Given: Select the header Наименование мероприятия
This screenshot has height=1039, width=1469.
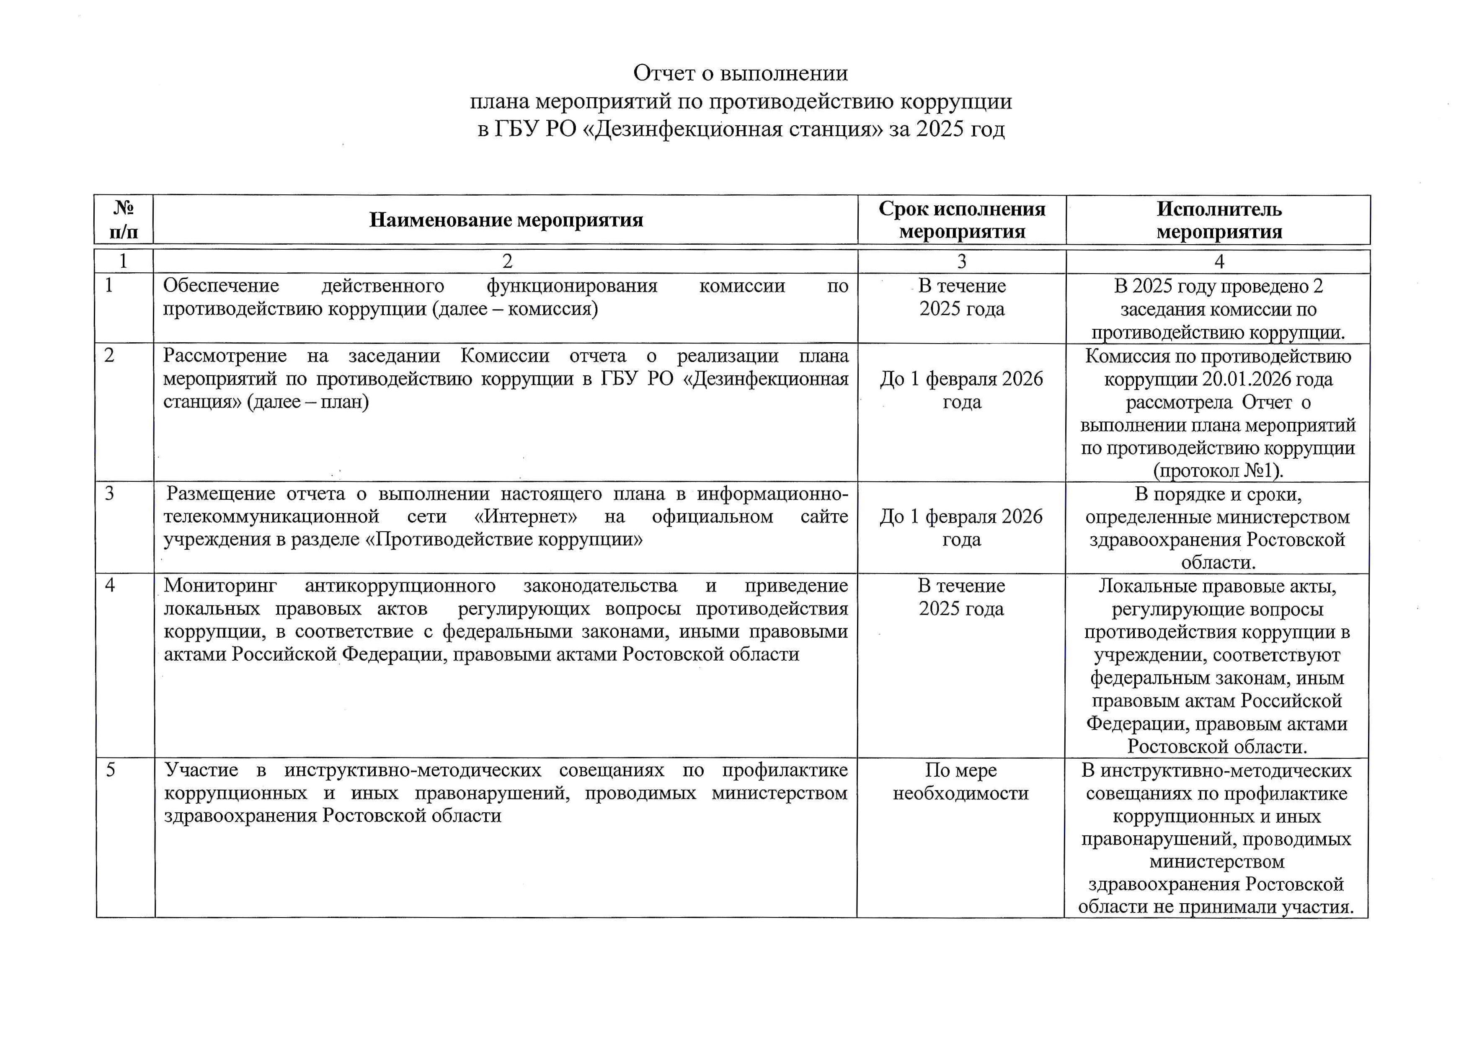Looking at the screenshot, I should (506, 220).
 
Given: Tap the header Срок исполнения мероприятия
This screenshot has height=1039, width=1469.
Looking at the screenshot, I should (962, 220).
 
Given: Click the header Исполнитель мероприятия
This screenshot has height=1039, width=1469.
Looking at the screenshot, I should (1219, 220).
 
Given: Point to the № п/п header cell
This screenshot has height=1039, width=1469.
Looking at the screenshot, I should (124, 220).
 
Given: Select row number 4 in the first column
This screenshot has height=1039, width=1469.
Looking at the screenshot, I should (110, 585).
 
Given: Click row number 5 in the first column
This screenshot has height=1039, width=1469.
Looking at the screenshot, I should (110, 770).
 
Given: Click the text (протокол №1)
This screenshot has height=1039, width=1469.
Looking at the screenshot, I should (1218, 471).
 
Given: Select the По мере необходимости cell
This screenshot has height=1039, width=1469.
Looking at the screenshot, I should (960, 782).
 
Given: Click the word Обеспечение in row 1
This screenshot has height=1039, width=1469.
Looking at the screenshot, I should (221, 286).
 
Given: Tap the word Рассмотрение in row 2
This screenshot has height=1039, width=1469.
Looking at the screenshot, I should (225, 356).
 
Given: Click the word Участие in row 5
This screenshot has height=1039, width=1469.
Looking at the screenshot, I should (201, 770).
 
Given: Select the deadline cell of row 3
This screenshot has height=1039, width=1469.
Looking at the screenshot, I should (961, 528).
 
